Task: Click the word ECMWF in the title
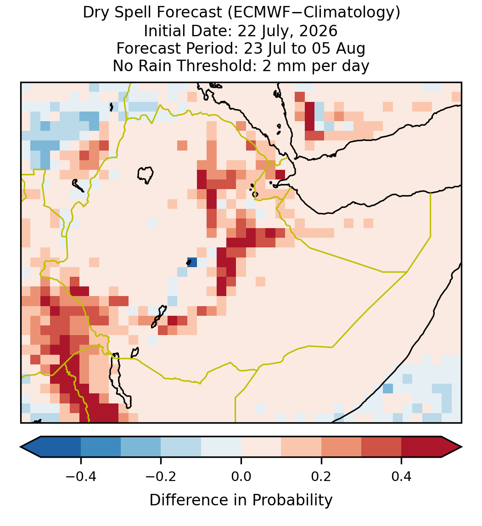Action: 257,13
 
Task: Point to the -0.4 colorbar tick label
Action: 81,476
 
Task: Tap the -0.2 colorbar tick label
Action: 161,476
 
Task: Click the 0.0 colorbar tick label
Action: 241,476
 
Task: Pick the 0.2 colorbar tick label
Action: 321,476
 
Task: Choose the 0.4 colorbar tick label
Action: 402,476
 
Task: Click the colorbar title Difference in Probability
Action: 241,500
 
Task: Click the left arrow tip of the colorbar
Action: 21,447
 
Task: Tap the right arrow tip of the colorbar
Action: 462,447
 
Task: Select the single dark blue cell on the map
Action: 192,262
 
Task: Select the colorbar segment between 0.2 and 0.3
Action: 341,447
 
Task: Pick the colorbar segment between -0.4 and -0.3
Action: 101,447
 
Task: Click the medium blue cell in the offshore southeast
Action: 388,388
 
